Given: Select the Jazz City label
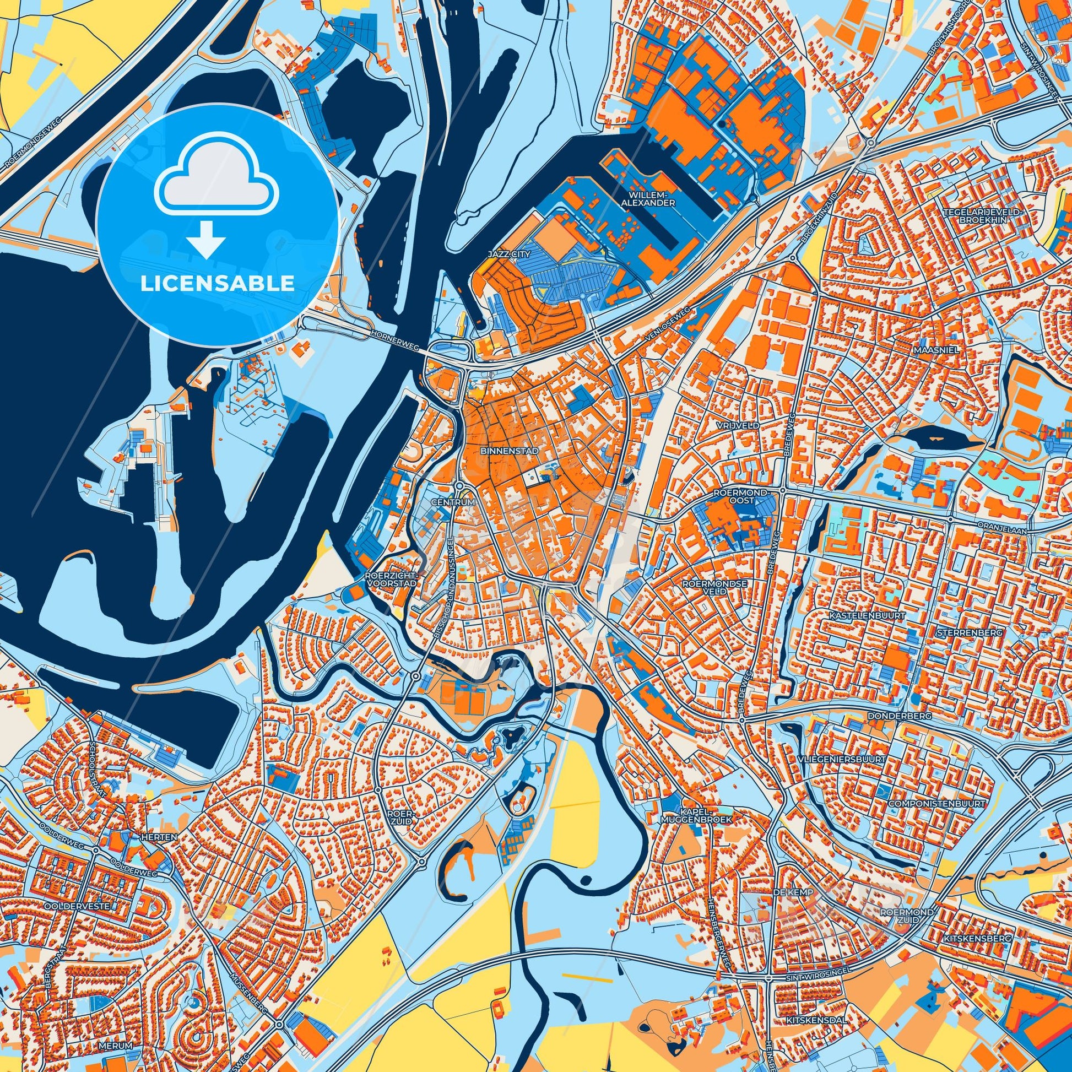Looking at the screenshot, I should tap(509, 253).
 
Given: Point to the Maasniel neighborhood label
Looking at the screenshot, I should tap(928, 351).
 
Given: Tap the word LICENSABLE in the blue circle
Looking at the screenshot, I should tap(217, 284).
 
